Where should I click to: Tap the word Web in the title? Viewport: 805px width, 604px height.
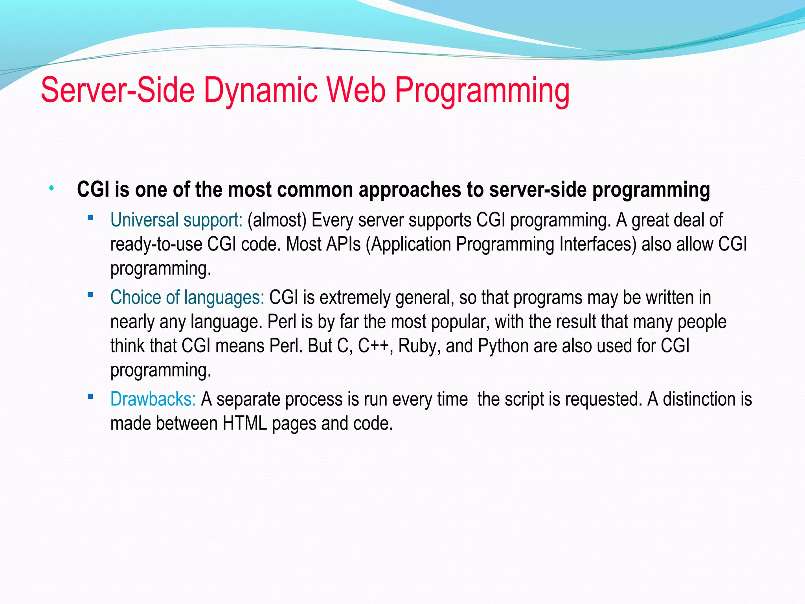tap(356, 90)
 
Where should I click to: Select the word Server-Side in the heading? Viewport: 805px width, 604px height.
tap(118, 90)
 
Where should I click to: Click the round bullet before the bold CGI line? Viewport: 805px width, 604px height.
tap(51, 189)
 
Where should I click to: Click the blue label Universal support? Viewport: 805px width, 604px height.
tap(176, 220)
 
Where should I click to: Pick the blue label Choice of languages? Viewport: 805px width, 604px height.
tap(187, 298)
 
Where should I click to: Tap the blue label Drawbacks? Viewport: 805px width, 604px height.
tap(153, 399)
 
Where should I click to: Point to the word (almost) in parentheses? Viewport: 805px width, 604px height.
tap(277, 220)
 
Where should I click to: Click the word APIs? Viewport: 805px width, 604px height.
tap(343, 244)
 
